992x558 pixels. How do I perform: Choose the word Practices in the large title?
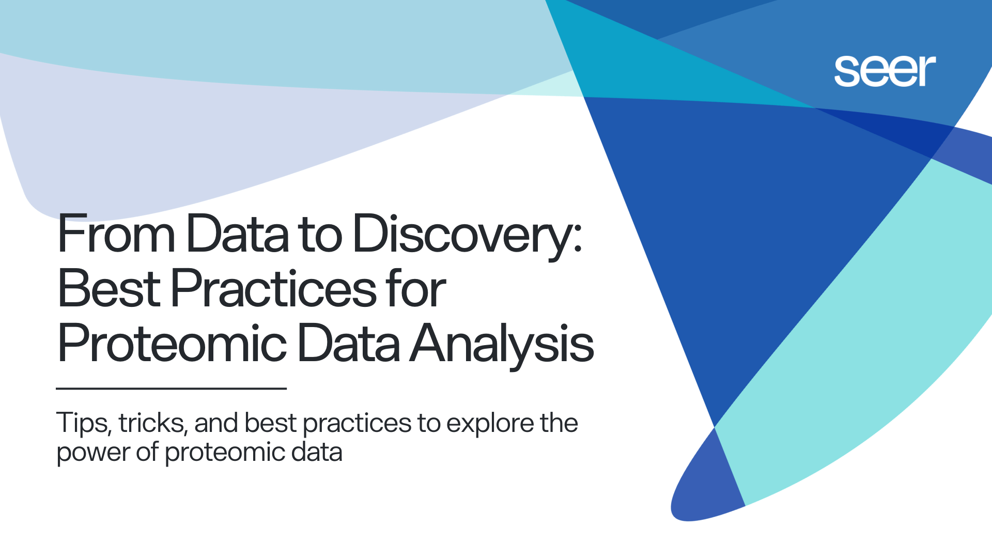[x=274, y=288]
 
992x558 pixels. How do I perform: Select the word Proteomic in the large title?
[x=172, y=343]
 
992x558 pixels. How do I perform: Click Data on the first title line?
[x=238, y=234]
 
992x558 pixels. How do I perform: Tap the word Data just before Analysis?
[x=349, y=343]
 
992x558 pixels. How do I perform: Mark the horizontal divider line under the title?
[x=171, y=388]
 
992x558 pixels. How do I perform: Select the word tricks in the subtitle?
[x=152, y=424]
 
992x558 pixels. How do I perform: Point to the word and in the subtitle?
[x=216, y=423]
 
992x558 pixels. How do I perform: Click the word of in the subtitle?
[x=147, y=452]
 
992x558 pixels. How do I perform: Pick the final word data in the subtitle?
[x=317, y=452]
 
